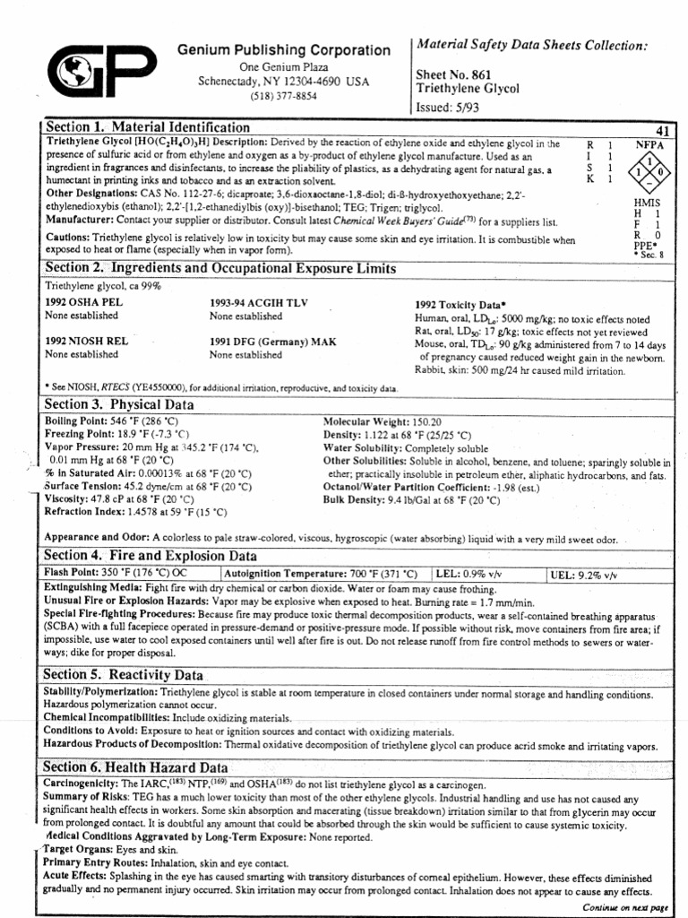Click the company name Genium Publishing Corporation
tap(283, 50)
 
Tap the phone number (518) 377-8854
tap(283, 96)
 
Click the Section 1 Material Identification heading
tap(148, 127)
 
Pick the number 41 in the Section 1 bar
tap(664, 131)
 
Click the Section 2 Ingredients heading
tap(220, 268)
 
